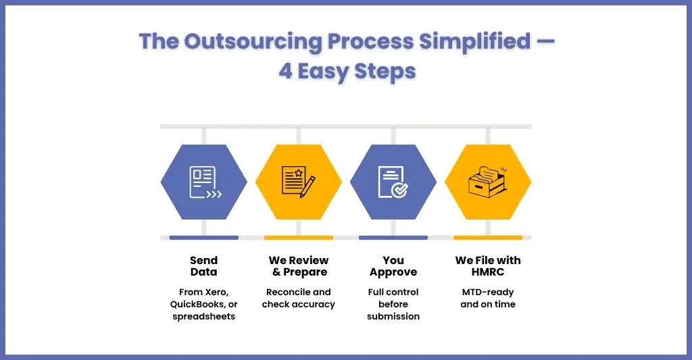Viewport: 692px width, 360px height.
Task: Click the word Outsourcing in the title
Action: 253,42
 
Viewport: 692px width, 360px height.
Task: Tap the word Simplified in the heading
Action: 474,41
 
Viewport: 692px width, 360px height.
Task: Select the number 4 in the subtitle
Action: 286,71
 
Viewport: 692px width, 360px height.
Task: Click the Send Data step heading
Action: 204,266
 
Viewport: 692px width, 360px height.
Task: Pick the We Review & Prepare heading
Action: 299,266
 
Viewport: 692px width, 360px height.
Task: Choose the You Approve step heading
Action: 393,267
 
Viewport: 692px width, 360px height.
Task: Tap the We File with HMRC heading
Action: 488,266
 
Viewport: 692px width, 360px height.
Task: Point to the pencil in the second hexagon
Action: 307,187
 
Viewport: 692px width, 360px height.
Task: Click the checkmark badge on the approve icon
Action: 400,190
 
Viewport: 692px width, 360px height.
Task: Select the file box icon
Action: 487,182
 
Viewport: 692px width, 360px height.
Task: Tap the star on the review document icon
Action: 299,172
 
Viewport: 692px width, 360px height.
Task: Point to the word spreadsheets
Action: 204,317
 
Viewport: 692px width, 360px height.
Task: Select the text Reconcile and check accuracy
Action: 299,299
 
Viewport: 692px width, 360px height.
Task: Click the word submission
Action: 393,316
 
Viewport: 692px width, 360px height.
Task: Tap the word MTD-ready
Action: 488,292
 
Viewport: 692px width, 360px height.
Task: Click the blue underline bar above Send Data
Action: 204,238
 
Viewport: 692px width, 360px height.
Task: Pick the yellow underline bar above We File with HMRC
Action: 488,238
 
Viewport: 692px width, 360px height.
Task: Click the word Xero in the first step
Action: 217,292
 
